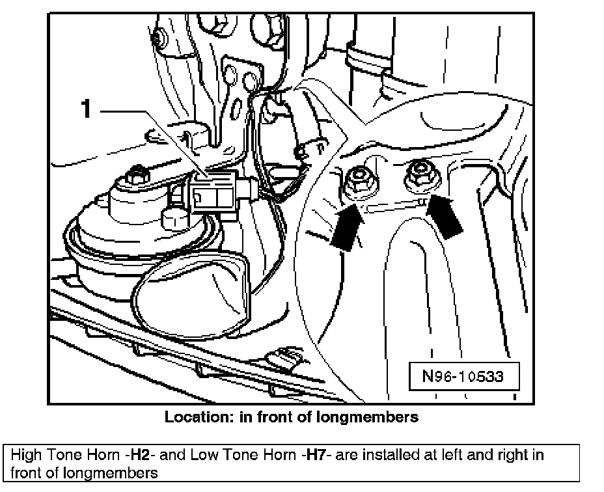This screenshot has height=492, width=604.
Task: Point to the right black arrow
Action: [445, 217]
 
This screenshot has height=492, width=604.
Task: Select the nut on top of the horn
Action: [137, 174]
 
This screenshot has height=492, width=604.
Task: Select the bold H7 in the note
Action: [312, 454]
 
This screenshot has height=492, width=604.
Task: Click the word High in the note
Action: [27, 454]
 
